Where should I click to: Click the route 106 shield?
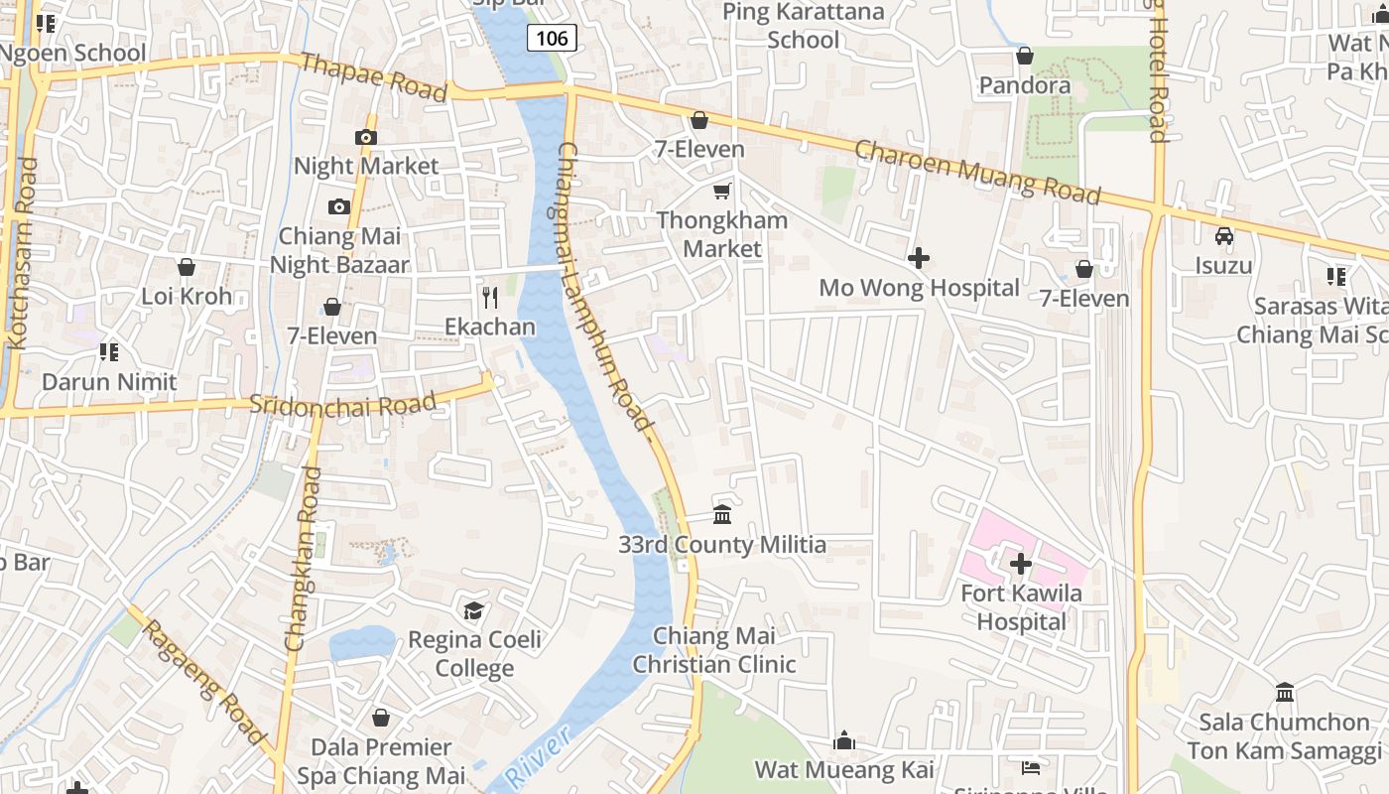pos(551,39)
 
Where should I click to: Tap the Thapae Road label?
pos(372,76)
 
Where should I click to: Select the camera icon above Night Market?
pos(366,137)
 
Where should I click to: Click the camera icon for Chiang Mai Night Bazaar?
pos(339,206)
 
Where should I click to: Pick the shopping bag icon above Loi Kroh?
pos(186,267)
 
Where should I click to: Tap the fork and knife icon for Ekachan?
pos(489,297)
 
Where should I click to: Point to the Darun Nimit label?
pos(109,381)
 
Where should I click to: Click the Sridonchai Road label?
pos(342,404)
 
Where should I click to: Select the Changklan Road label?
pos(304,559)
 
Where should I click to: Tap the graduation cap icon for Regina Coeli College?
pos(474,609)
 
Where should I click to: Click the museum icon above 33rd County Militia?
pos(722,514)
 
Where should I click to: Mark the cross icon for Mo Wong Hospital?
pos(919,258)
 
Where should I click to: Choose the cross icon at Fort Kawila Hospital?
pos(1020,564)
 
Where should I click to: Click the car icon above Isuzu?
pos(1224,236)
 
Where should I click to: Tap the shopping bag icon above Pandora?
pos(1025,55)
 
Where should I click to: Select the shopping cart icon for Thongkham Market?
pos(722,191)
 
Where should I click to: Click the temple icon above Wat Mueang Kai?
pos(844,740)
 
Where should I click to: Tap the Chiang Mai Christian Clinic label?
pos(714,650)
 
